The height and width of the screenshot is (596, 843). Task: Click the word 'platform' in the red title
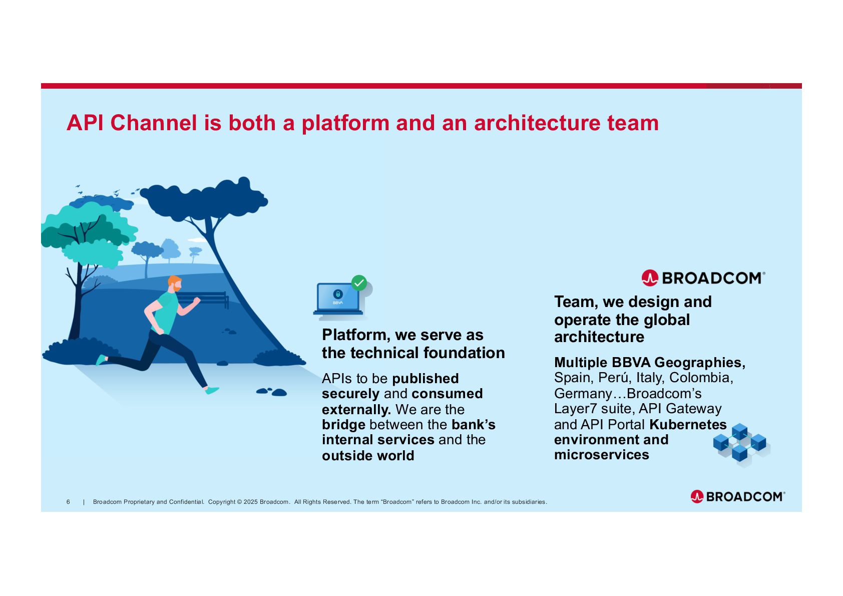tap(345, 124)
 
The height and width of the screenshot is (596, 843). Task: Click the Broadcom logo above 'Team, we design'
tap(703, 278)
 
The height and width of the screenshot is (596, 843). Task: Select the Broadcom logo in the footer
tap(737, 496)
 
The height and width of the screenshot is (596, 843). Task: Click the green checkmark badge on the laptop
tap(358, 283)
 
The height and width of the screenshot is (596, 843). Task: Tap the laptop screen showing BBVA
tap(338, 297)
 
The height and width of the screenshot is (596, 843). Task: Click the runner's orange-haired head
tap(174, 283)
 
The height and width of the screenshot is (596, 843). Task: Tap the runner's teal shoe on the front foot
tap(213, 390)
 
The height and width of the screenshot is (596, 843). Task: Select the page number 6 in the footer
tap(68, 502)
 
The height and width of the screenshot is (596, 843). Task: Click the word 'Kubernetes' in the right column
tap(687, 425)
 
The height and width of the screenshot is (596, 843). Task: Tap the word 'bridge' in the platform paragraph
tap(343, 425)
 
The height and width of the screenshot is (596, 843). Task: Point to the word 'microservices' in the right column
tap(601, 455)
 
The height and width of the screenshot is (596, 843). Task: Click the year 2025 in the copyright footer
tap(250, 502)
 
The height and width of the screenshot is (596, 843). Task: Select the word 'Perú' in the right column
tap(615, 378)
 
